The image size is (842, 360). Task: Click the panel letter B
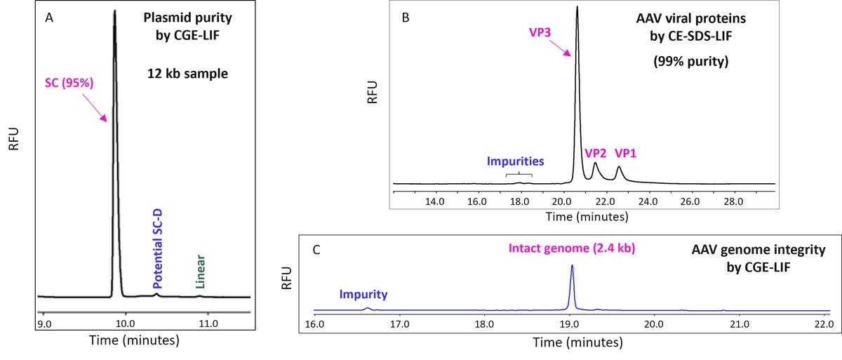coord(405,17)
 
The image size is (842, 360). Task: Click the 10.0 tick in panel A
coord(126,324)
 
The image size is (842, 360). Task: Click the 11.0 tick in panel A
coord(208,324)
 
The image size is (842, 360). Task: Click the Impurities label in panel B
coord(516,161)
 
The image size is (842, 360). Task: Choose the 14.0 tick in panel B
coord(436,201)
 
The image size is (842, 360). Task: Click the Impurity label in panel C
coord(364,295)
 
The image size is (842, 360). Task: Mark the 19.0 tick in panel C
coord(569,325)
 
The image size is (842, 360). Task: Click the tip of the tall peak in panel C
coord(573,265)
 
